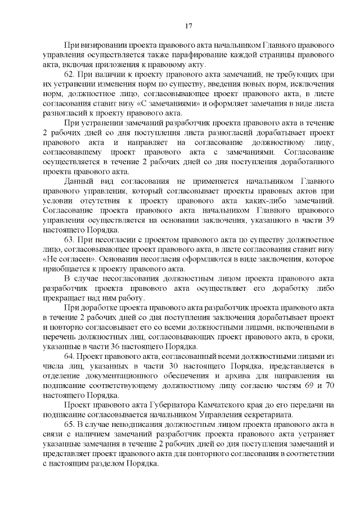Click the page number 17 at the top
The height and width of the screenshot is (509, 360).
(x=188, y=25)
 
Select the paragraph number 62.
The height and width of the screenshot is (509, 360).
(x=70, y=74)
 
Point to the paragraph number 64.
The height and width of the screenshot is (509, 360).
(x=70, y=357)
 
